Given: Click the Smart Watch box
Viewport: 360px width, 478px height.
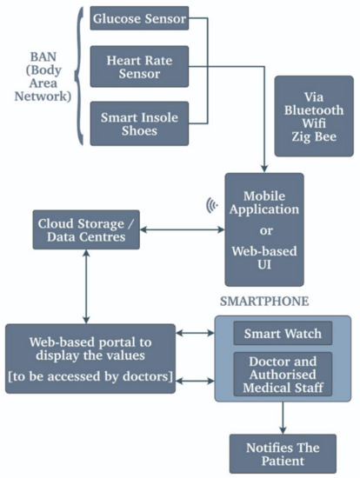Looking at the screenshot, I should (x=282, y=333).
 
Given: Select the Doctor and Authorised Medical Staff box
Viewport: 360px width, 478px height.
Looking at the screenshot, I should (x=282, y=375).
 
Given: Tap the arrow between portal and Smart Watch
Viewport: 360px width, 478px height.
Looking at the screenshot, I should (x=195, y=333).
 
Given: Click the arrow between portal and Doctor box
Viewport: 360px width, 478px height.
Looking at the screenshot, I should (x=195, y=379).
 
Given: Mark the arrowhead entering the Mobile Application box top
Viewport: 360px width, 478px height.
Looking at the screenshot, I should (x=263, y=167).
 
